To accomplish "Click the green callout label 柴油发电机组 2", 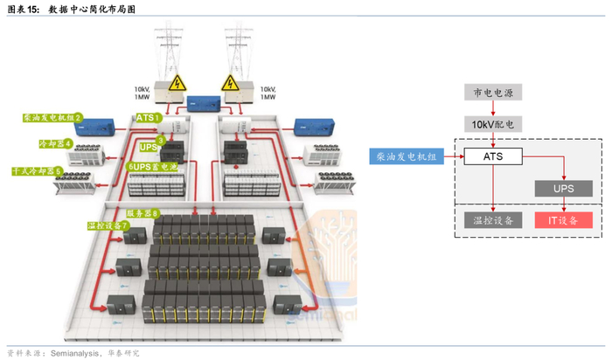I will [x=53, y=117].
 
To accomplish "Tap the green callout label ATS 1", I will [x=150, y=117].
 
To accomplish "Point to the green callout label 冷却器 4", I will [x=54, y=142].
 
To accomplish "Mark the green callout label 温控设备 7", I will [x=108, y=226].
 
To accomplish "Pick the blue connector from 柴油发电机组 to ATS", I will [x=453, y=157].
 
